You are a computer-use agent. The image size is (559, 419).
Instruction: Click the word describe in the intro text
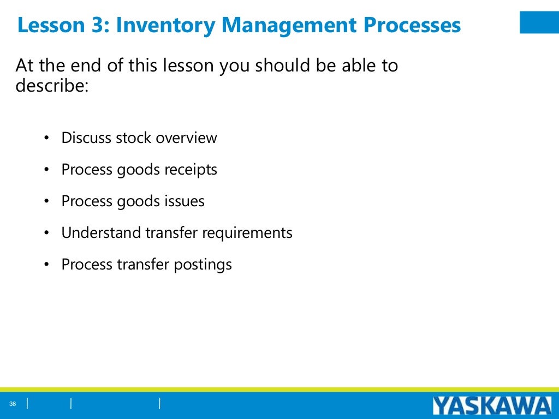(51, 85)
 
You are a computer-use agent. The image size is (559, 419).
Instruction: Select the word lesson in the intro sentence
(187, 66)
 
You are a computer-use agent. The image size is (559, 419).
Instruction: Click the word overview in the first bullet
(186, 138)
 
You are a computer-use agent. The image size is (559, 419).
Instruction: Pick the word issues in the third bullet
(185, 201)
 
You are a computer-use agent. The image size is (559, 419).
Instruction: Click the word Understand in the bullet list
(101, 233)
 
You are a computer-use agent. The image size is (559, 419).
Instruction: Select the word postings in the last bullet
(203, 265)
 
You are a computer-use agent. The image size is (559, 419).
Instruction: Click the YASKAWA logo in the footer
(492, 406)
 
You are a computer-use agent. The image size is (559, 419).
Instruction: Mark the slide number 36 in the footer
(13, 404)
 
